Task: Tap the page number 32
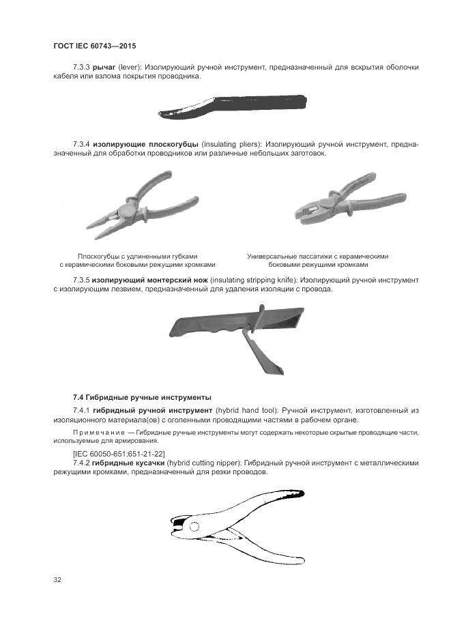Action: [57, 580]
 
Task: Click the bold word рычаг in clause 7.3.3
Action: [104, 68]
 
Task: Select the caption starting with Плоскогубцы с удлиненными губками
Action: [137, 260]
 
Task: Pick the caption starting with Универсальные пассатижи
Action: [318, 260]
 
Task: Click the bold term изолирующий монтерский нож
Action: [150, 280]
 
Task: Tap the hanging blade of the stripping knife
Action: [257, 355]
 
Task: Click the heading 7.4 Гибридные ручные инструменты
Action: [142, 396]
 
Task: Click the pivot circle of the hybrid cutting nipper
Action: [194, 526]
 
